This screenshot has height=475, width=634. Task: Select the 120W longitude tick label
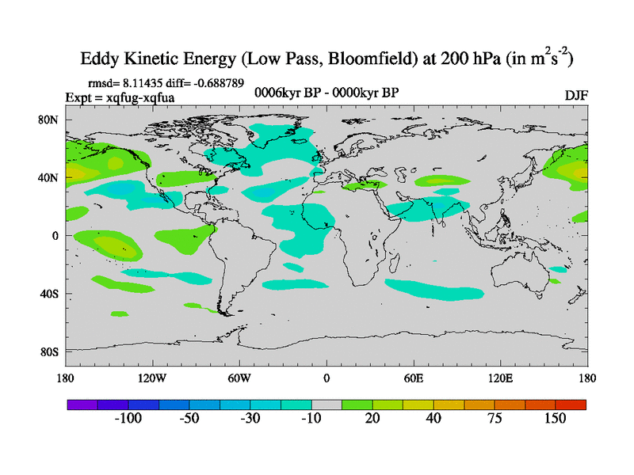(x=151, y=378)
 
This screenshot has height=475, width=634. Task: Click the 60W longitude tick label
(x=239, y=378)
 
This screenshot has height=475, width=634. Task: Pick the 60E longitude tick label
(x=414, y=378)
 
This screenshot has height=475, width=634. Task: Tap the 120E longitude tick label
(x=501, y=378)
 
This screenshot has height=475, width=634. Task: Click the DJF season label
(x=576, y=95)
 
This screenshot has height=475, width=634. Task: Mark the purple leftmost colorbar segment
(x=82, y=405)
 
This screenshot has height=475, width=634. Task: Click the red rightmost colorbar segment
(x=571, y=405)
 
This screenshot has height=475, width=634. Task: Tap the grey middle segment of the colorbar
(x=327, y=405)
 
